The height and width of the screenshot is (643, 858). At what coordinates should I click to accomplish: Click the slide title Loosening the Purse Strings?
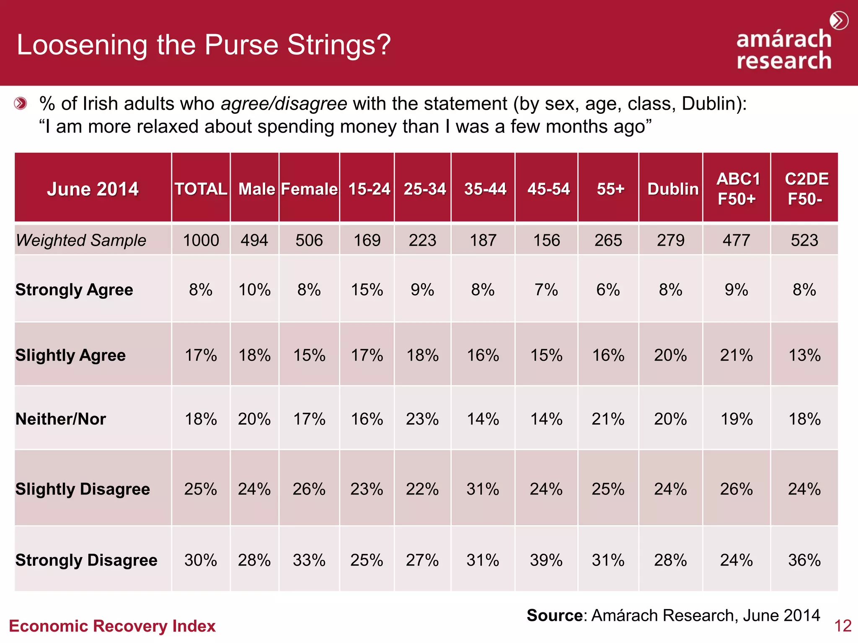click(x=204, y=45)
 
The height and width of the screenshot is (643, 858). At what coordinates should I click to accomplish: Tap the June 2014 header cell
click(x=93, y=189)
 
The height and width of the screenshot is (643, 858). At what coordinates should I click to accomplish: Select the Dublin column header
click(x=672, y=189)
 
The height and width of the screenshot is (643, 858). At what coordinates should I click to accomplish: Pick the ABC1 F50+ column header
click(x=737, y=189)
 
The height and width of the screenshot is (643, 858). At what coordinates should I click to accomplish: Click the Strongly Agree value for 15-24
click(x=367, y=290)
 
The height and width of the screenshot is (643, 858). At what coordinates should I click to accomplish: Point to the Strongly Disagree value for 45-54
click(x=546, y=560)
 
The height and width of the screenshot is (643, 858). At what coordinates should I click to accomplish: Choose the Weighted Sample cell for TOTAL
click(x=201, y=240)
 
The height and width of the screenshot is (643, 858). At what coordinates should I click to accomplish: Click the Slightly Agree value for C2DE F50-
click(x=804, y=355)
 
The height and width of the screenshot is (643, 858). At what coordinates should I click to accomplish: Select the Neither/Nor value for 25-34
click(x=422, y=419)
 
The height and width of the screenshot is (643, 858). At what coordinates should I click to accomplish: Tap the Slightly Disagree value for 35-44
click(x=483, y=489)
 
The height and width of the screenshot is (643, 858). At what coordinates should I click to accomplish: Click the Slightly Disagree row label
click(x=83, y=489)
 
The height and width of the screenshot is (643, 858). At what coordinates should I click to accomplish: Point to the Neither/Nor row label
click(x=61, y=419)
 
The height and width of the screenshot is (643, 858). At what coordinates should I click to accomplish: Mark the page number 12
click(x=842, y=626)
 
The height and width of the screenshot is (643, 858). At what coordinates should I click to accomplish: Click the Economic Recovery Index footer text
click(x=112, y=626)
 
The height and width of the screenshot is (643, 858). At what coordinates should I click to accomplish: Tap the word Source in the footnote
click(x=554, y=615)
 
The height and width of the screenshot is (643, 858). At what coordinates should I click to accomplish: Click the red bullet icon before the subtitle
click(x=20, y=103)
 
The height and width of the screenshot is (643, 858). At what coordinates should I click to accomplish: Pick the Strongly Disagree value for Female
click(x=309, y=560)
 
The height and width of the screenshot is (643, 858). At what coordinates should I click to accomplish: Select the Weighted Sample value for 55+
click(x=608, y=240)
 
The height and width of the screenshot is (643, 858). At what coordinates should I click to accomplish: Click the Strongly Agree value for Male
click(x=254, y=290)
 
